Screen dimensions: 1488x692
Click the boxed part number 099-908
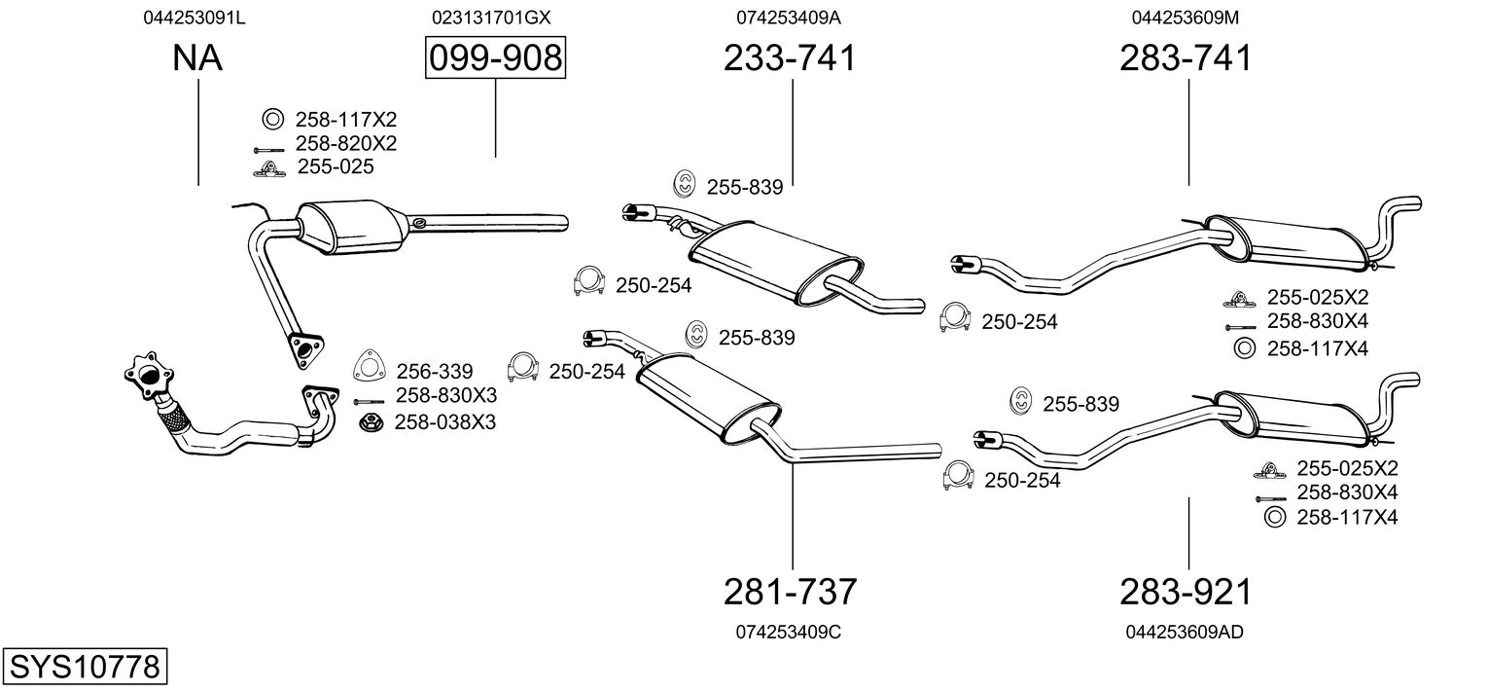[496, 57]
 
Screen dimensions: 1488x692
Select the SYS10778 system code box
[85, 667]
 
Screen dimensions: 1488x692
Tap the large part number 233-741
[790, 57]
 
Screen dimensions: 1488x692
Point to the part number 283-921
[1186, 592]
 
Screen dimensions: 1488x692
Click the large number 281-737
[790, 592]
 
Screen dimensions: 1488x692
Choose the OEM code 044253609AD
[1185, 632]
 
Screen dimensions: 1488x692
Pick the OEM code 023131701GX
[491, 18]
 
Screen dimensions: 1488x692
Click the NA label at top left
[197, 57]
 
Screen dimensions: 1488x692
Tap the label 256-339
[435, 371]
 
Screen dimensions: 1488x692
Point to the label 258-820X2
[346, 143]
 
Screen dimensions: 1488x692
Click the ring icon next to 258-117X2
[272, 120]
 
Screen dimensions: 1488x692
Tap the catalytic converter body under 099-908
[352, 226]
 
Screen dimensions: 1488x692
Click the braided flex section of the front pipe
[174, 418]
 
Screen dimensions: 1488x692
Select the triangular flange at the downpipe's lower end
[306, 349]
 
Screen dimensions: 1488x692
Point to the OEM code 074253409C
[789, 632]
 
